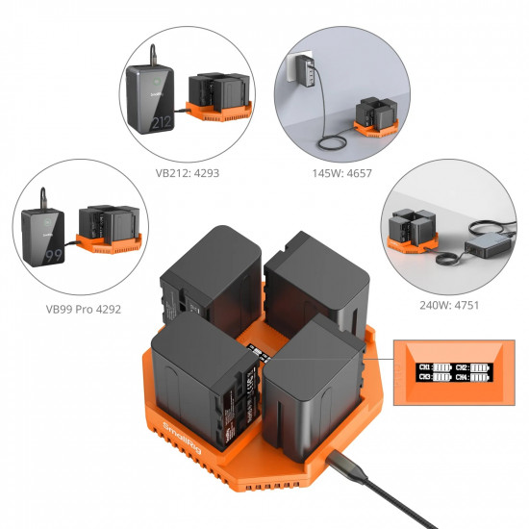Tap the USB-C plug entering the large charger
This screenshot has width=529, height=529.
click(x=341, y=465)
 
